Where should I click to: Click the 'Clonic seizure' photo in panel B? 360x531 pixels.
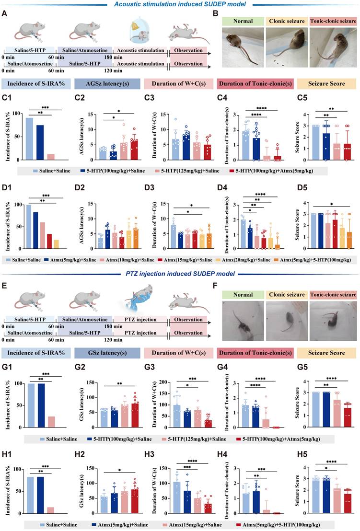(x=285, y=48)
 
